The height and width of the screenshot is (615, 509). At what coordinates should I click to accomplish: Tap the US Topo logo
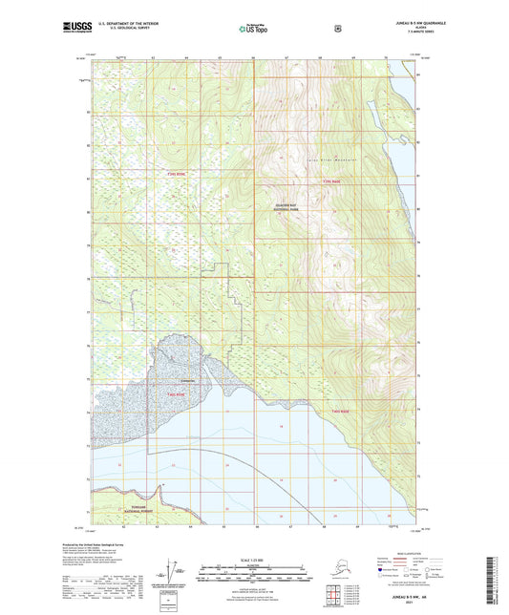coord(254,30)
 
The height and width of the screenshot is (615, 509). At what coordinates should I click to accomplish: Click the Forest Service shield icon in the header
coord(337,30)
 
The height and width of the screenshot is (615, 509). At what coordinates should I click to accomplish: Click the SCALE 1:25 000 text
coord(254,558)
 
